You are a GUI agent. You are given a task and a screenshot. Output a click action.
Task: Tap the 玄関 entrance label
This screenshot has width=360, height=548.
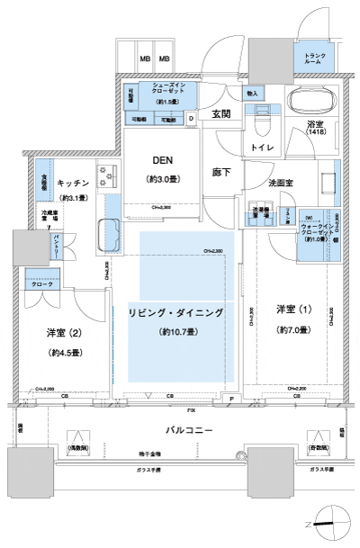point(221,113)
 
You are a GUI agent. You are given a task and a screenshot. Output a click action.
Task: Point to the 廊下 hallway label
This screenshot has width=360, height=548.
point(222,171)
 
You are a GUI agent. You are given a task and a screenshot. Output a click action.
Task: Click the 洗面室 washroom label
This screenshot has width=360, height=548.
point(281,183)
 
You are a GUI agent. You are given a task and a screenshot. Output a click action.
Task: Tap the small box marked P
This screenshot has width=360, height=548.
point(230,397)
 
